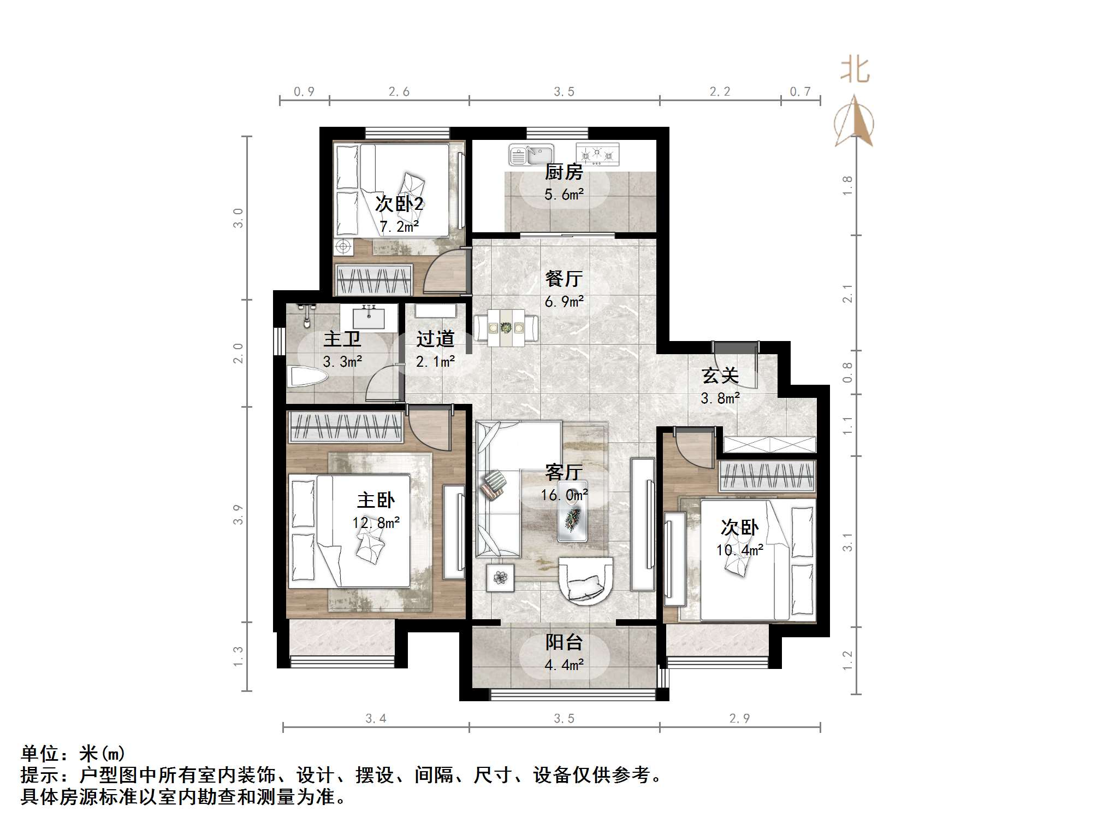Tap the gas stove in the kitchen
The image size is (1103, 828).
(597, 154)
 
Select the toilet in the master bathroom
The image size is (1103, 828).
(307, 377)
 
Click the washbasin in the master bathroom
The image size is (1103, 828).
(369, 317)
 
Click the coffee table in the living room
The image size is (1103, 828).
(572, 511)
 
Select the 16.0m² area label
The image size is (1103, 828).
(564, 495)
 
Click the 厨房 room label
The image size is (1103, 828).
(564, 172)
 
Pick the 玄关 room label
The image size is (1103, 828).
(720, 375)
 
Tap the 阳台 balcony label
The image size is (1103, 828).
(564, 642)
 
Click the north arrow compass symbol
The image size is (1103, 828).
(853, 123)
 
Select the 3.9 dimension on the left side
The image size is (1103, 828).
(238, 514)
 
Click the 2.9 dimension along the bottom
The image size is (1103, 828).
(739, 718)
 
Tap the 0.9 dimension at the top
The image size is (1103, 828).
(304, 92)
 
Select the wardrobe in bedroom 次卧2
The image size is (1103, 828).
(373, 280)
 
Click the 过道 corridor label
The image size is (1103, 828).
(435, 339)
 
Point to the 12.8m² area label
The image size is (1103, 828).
(376, 523)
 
